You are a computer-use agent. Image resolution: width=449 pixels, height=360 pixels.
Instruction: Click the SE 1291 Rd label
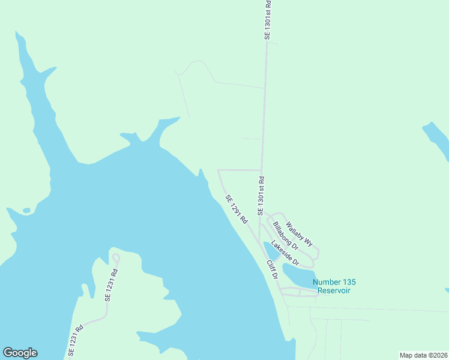(x=237, y=209)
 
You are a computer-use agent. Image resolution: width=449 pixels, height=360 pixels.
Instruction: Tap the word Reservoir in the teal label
(x=334, y=291)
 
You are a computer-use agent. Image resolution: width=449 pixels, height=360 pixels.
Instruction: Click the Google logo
(x=20, y=353)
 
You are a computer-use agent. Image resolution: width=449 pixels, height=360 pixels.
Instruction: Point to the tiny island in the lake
(x=26, y=211)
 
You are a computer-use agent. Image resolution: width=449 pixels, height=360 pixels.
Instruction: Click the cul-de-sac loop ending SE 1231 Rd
(x=116, y=258)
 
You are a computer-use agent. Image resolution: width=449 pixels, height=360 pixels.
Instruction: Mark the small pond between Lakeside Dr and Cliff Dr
(x=270, y=251)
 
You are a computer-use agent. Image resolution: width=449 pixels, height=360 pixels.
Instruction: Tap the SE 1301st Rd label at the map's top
(x=268, y=20)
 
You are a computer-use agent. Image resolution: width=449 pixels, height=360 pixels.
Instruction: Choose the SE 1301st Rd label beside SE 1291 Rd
(x=261, y=196)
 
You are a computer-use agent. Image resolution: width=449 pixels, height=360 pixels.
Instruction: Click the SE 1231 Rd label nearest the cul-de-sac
(x=112, y=284)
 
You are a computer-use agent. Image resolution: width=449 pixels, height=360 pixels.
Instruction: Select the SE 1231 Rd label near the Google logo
(x=75, y=341)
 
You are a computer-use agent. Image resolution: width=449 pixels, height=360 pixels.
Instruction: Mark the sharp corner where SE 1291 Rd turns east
(x=218, y=170)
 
